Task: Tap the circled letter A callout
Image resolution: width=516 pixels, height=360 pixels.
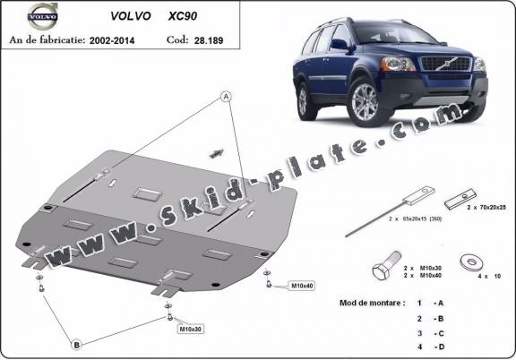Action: click(x=228, y=96)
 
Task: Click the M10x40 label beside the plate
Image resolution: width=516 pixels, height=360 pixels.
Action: click(x=302, y=286)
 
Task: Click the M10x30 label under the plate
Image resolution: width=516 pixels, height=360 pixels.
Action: click(x=190, y=330)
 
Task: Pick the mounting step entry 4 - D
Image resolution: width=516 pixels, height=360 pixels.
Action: click(x=430, y=346)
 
